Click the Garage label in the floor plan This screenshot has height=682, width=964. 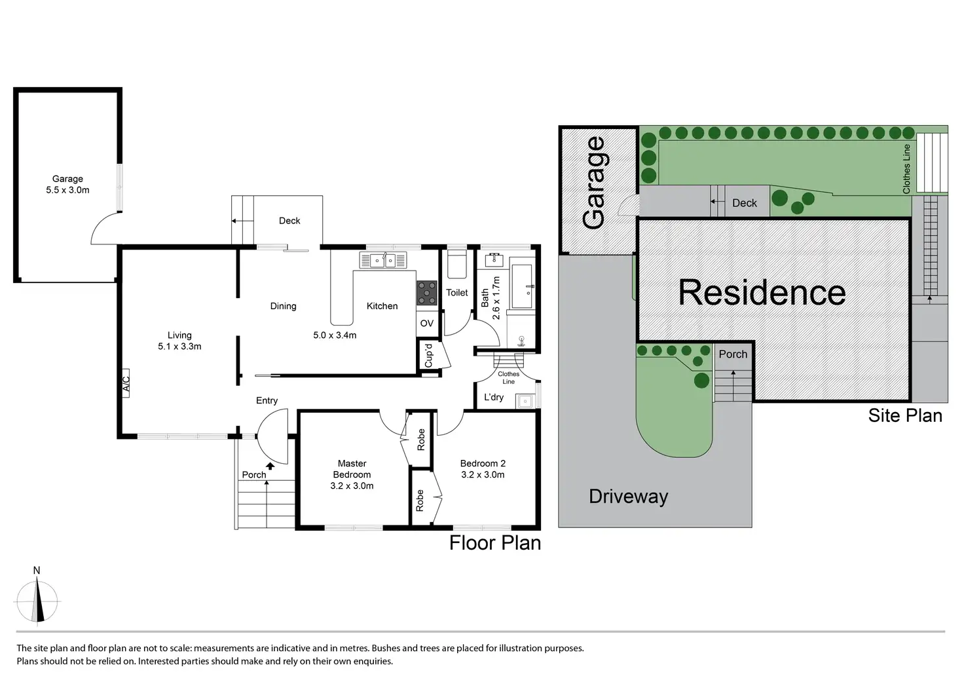click(67, 178)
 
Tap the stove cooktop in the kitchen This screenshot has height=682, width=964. click(427, 292)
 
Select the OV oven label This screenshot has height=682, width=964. click(427, 323)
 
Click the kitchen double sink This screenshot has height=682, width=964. click(383, 261)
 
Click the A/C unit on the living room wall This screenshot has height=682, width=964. click(126, 383)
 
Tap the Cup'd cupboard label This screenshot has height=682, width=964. click(429, 356)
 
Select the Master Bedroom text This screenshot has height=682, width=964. click(352, 469)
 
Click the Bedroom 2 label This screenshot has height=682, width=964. click(483, 463)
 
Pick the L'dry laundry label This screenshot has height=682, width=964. click(494, 397)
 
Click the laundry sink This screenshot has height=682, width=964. click(525, 400)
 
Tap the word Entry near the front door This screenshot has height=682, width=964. click(267, 400)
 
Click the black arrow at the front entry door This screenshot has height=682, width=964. click(270, 466)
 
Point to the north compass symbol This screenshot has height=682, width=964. click(38, 599)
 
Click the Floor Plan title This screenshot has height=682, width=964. click(495, 542)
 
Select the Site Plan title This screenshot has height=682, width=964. click(904, 415)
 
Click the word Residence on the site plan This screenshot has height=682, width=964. click(762, 293)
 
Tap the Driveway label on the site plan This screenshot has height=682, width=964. click(628, 496)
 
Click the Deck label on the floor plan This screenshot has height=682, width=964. click(289, 221)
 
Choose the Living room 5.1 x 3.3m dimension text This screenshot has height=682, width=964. click(179, 347)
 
